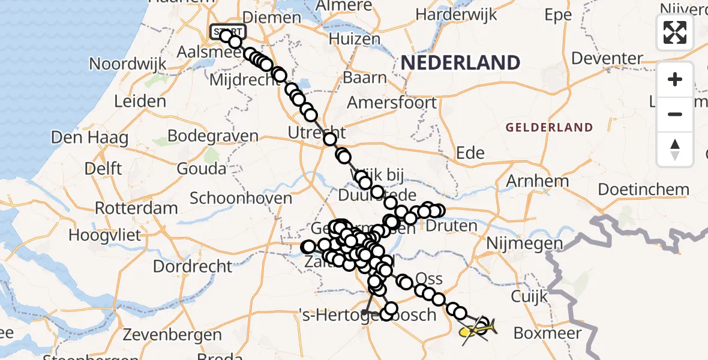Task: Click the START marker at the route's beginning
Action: tap(227, 31)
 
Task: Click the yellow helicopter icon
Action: tap(477, 329)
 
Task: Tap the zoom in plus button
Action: tap(675, 79)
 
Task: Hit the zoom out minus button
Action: tap(675, 114)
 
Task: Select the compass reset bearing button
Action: tap(675, 149)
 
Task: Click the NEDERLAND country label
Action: tap(460, 62)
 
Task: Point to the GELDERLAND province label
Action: tap(549, 127)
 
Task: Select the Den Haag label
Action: tap(89, 137)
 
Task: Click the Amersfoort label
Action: tap(392, 103)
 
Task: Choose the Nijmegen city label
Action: tap(525, 244)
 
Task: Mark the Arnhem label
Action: tap(538, 181)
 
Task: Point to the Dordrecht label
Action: tap(193, 266)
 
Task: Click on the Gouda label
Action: tap(202, 169)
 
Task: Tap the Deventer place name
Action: tap(607, 58)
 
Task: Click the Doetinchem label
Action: tap(644, 190)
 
